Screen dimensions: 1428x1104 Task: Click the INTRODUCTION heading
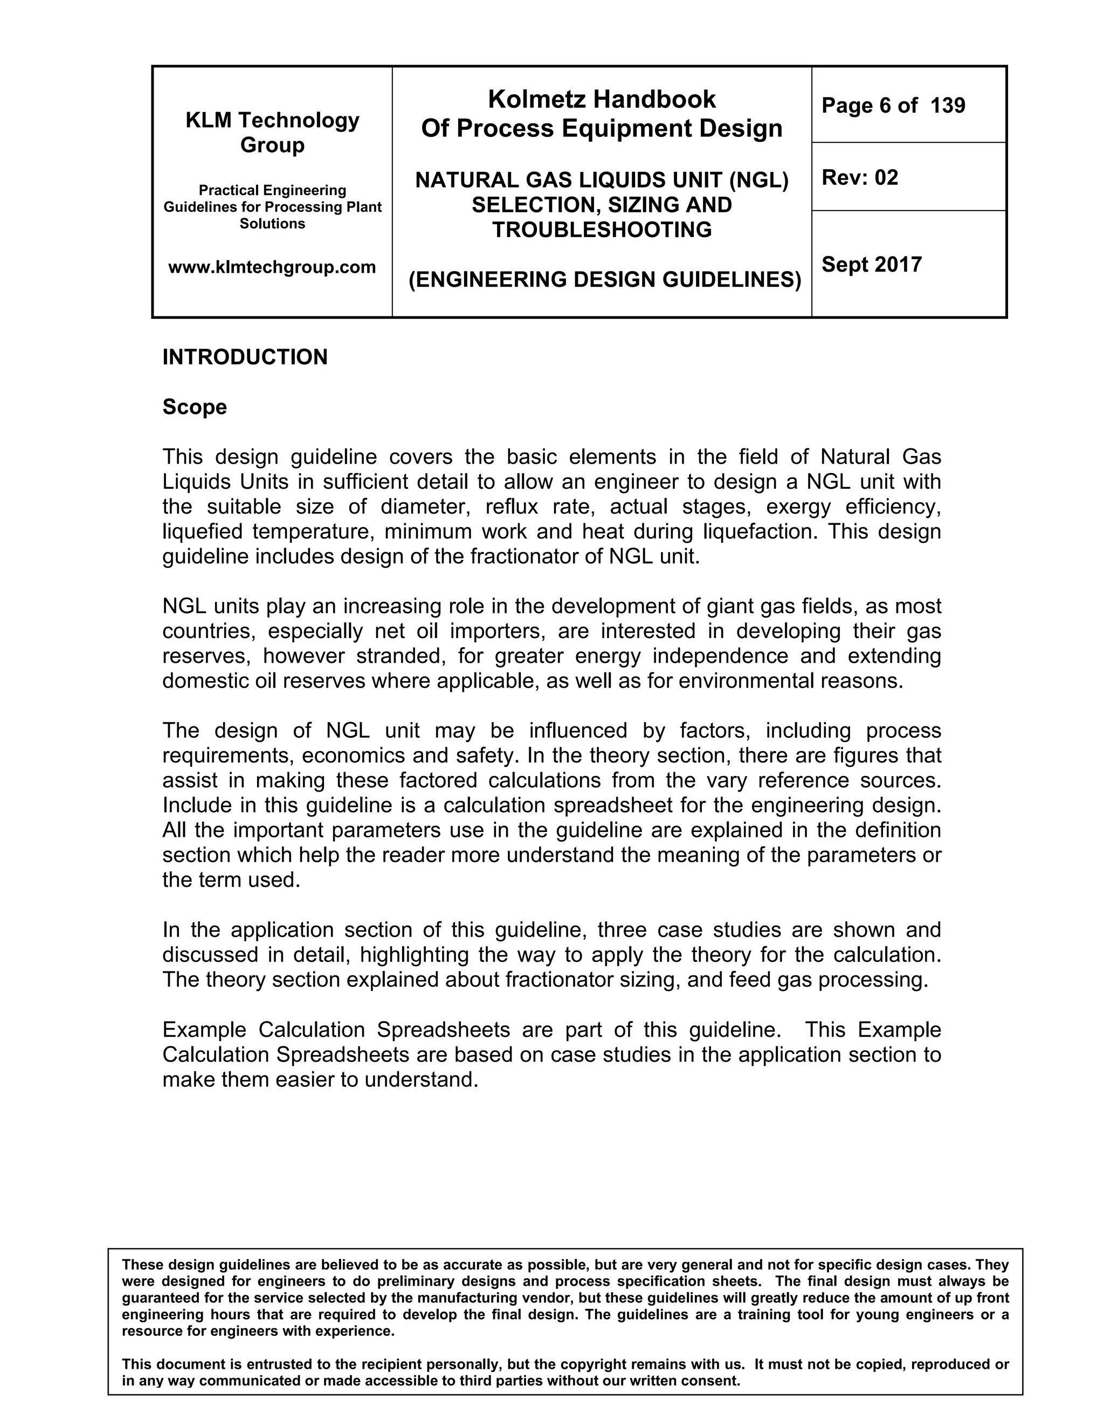click(245, 357)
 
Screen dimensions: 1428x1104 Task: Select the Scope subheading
click(194, 407)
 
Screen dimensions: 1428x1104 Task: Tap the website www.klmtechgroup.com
click(272, 267)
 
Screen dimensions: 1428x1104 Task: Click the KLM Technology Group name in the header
click(272, 132)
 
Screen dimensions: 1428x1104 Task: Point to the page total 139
click(948, 105)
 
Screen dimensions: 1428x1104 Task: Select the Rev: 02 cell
click(859, 177)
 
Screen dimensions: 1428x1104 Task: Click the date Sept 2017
click(871, 264)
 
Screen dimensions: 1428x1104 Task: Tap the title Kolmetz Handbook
click(601, 99)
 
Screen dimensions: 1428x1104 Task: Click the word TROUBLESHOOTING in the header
click(601, 230)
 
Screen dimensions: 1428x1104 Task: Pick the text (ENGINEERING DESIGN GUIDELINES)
click(604, 280)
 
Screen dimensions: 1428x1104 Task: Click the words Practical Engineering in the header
click(272, 190)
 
